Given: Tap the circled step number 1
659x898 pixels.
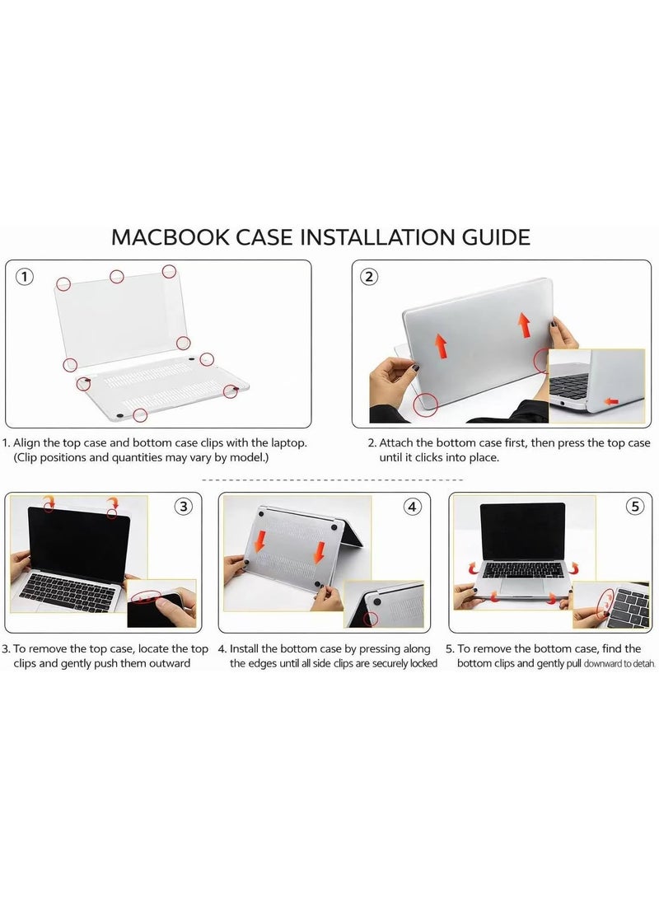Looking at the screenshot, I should click(x=26, y=277).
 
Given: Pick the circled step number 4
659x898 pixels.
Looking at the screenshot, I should click(x=413, y=507).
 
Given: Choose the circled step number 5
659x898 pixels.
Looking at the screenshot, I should click(x=633, y=507).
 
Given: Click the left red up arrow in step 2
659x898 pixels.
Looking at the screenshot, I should click(x=442, y=345).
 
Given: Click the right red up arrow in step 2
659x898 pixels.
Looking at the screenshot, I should click(x=523, y=325).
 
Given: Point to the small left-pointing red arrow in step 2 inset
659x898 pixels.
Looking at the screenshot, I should click(x=610, y=401).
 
